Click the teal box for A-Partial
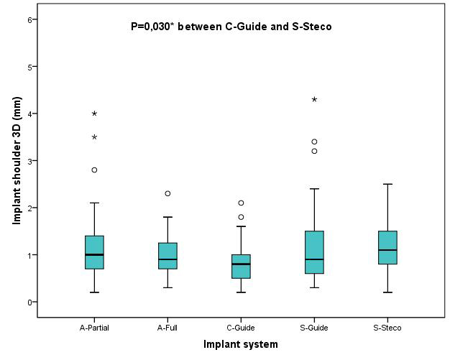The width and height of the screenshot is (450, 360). pos(94,252)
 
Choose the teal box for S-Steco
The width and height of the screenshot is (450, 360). pos(387,248)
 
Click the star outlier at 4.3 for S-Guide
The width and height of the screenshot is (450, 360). pos(314,100)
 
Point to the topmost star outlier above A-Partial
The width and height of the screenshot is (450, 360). pos(94,114)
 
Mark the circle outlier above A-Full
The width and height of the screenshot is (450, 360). pos(167,193)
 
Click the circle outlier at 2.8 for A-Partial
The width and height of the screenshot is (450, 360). pos(94,170)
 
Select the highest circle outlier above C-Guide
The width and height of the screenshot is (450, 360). pos(241,203)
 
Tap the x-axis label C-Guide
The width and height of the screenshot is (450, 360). pos(241,328)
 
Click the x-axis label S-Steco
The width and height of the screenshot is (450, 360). pos(387,328)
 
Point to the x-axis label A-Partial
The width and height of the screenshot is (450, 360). pos(94,328)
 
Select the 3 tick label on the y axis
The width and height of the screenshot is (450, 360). pos(30,161)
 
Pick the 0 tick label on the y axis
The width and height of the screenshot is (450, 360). pos(30,302)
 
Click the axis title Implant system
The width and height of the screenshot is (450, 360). pos(240,345)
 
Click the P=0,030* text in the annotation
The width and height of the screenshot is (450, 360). pos(152,27)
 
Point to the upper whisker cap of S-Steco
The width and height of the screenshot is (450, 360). pos(387,184)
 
